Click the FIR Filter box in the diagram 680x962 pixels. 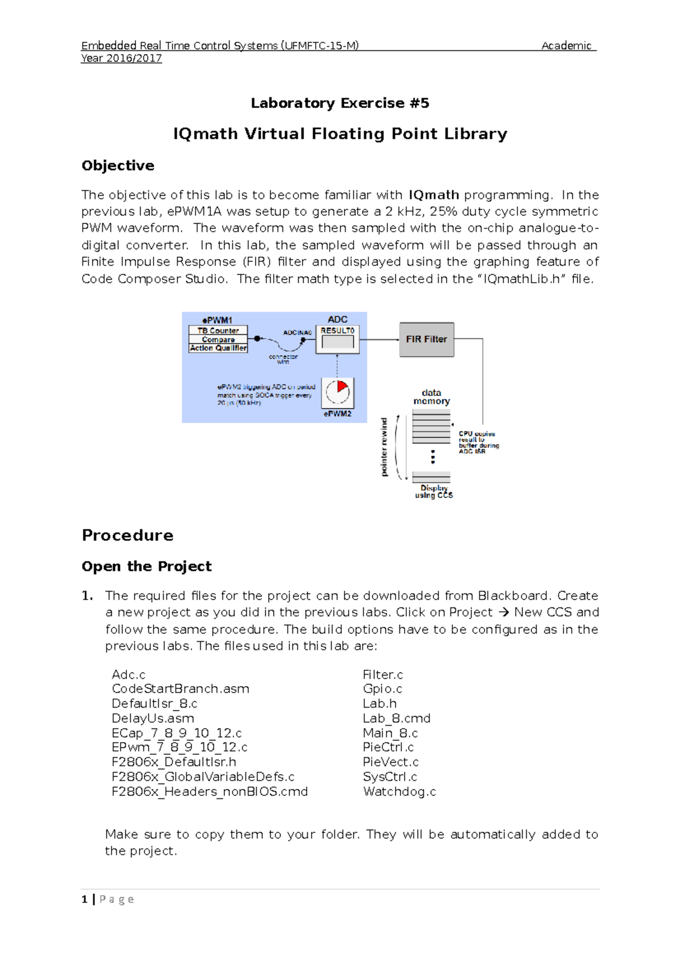point(426,339)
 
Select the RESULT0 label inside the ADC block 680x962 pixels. point(337,331)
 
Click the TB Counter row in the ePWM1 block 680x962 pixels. point(218,330)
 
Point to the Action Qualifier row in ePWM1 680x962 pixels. point(218,348)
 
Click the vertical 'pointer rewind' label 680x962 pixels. point(384,447)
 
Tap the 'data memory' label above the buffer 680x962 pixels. point(431,397)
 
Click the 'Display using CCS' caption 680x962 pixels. point(433,491)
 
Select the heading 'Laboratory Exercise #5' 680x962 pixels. point(340,103)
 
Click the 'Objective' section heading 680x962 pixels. point(118,165)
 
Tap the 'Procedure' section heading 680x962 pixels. point(127,535)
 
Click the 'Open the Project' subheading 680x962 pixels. point(147,566)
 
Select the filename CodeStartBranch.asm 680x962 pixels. point(180,689)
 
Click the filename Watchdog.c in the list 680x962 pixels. point(399,791)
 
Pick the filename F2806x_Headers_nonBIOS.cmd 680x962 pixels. point(210,791)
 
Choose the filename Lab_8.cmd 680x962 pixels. point(397,718)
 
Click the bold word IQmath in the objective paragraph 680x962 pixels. point(433,195)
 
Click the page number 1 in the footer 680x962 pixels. point(84,899)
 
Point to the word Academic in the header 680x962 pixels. point(566,46)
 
